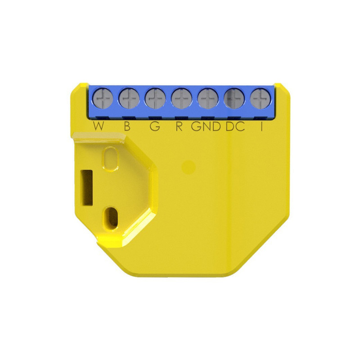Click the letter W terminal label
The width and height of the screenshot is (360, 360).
[x=99, y=126]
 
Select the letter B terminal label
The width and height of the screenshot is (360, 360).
[x=127, y=126]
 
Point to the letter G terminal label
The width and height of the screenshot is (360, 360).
[x=154, y=126]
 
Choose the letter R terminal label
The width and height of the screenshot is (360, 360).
[x=179, y=126]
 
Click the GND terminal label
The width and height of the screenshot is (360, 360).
[x=206, y=126]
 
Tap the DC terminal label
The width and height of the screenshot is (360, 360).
[x=235, y=126]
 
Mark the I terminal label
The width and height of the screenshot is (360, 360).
[x=261, y=126]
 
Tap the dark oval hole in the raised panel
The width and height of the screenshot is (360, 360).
[x=110, y=217]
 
